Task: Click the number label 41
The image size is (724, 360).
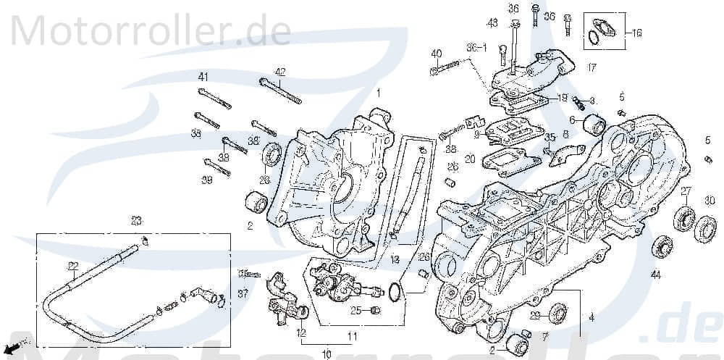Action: tap(203, 78)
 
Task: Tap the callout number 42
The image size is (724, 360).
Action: tap(279, 72)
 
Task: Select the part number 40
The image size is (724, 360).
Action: tap(436, 54)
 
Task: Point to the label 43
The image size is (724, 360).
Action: tap(492, 24)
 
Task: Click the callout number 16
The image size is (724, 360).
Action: tap(637, 33)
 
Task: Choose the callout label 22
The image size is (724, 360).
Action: tap(73, 265)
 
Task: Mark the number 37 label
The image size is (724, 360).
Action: tap(243, 293)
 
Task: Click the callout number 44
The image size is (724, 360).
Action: tap(655, 275)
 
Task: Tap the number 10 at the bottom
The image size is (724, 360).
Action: tap(326, 354)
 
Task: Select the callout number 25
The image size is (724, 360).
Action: tap(355, 311)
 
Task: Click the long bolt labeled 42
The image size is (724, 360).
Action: tap(280, 91)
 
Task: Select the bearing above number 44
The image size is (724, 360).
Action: tap(660, 246)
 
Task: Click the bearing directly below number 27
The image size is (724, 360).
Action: tap(684, 218)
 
